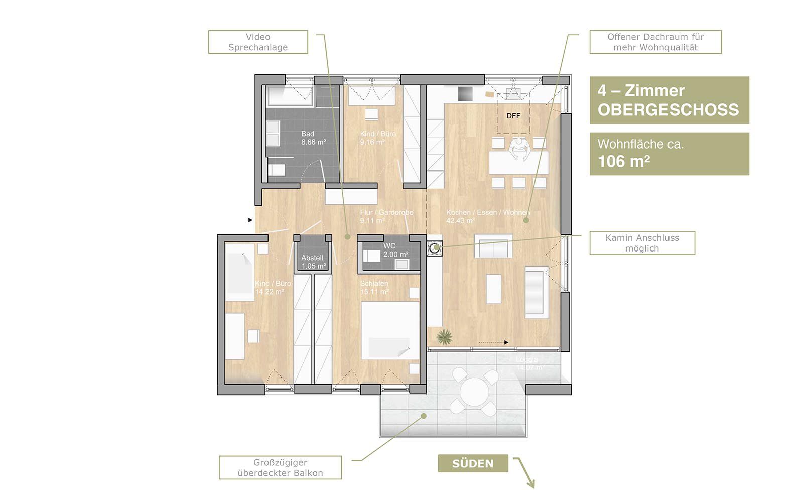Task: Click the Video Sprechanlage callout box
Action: pyautogui.click(x=257, y=42)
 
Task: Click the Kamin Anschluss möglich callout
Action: pyautogui.click(x=642, y=243)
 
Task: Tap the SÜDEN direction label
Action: pyautogui.click(x=472, y=463)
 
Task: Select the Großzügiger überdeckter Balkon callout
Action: pyautogui.click(x=280, y=468)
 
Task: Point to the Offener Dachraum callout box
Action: pyautogui.click(x=655, y=42)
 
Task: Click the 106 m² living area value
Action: pyautogui.click(x=623, y=161)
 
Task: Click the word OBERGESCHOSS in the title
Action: pyautogui.click(x=668, y=110)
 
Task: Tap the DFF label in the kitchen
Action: pyautogui.click(x=513, y=116)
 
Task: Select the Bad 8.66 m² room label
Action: pyautogui.click(x=313, y=138)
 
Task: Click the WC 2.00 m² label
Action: pyautogui.click(x=395, y=250)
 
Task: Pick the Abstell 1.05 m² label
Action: pyautogui.click(x=313, y=262)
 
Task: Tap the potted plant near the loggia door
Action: pyautogui.click(x=444, y=337)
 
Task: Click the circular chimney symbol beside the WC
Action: pyautogui.click(x=434, y=246)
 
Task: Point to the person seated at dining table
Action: pyautogui.click(x=519, y=149)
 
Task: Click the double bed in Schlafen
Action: pyautogui.click(x=390, y=330)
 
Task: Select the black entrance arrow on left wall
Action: pyautogui.click(x=250, y=220)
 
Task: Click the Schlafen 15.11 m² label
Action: pyautogui.click(x=374, y=288)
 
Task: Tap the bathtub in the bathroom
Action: pyautogui.click(x=290, y=96)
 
